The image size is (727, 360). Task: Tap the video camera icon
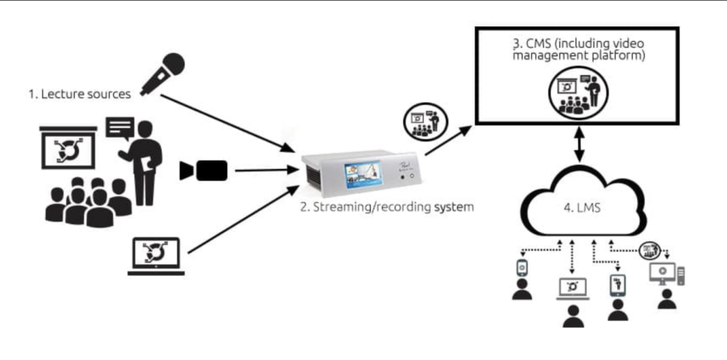coord(204,170)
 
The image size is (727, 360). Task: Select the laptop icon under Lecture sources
coord(156,256)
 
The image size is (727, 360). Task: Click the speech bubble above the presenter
coord(119,128)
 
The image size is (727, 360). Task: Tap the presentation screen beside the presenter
coord(68,147)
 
